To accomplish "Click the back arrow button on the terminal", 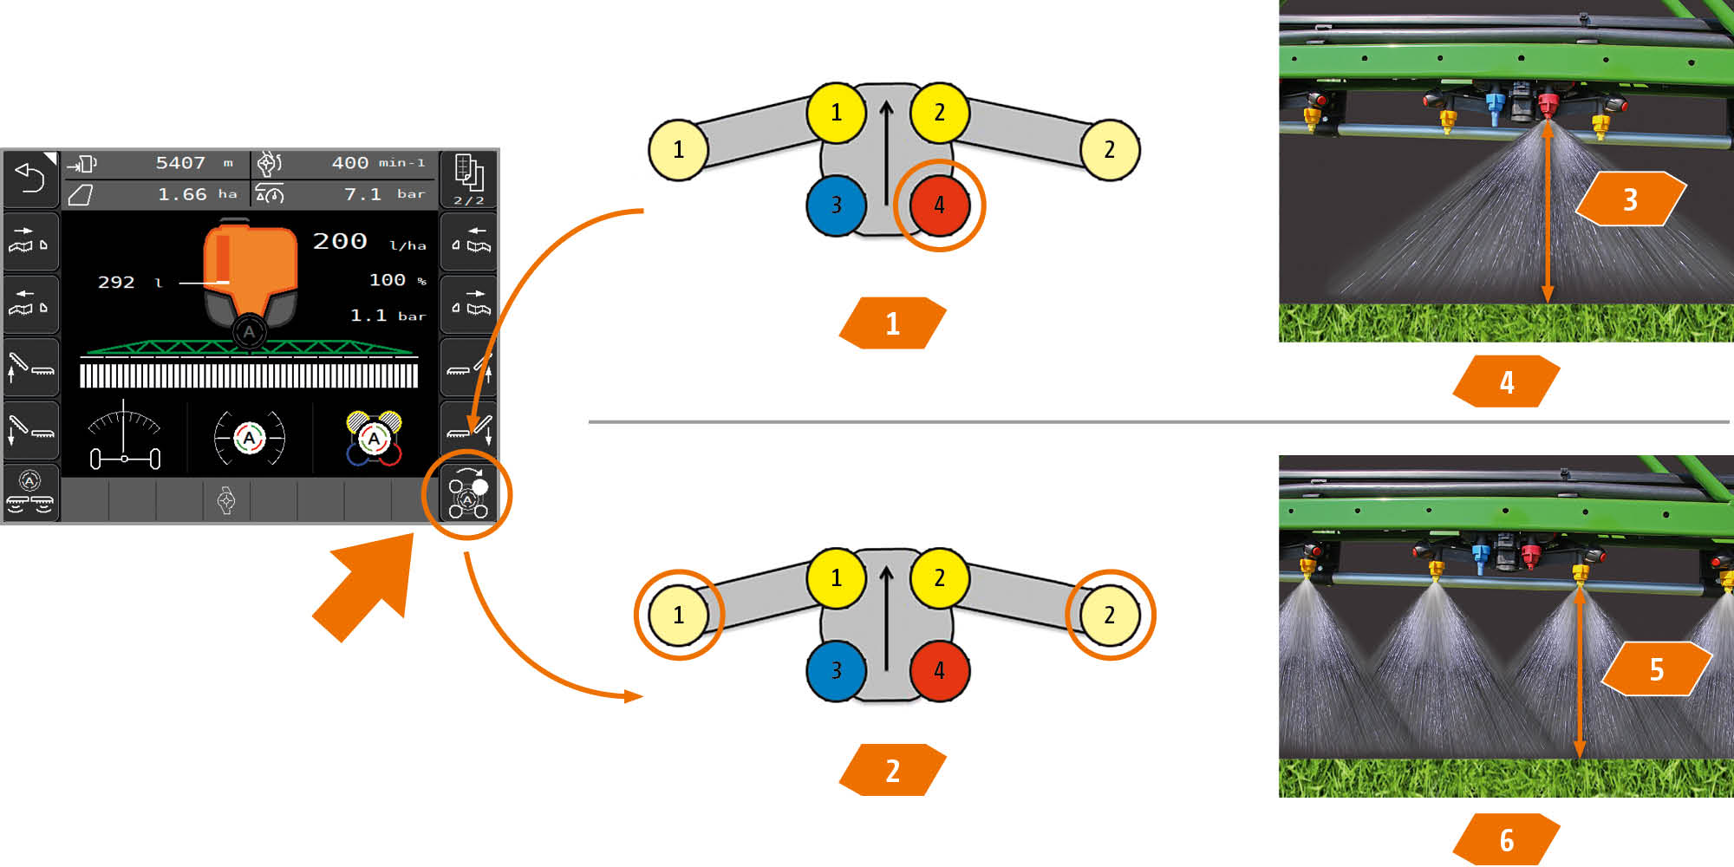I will [x=30, y=178].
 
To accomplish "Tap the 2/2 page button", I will [x=468, y=179].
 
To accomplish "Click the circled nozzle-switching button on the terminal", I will [x=468, y=495].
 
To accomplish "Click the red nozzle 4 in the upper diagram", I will [x=939, y=205].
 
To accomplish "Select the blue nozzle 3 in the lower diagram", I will [x=836, y=670].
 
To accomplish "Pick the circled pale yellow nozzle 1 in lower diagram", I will [x=679, y=615].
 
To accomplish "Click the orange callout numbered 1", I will [x=892, y=323].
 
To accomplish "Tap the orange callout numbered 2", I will [x=892, y=770].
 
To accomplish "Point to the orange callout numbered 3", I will [x=1630, y=199].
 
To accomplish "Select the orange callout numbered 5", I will [x=1656, y=669].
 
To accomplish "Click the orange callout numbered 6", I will [x=1507, y=839].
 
